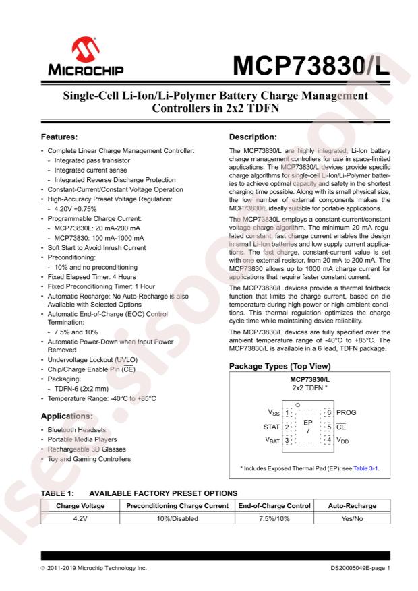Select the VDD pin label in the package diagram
[345, 441]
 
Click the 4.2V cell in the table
[80, 518]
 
